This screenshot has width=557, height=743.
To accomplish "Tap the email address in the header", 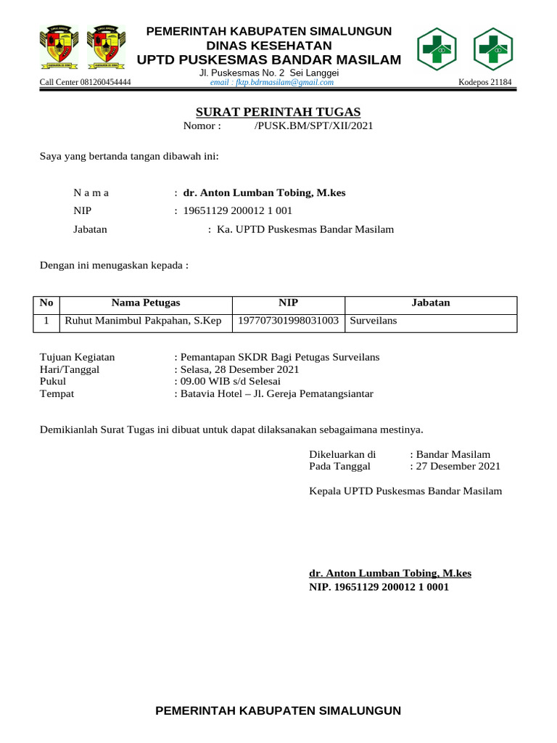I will coord(271,83).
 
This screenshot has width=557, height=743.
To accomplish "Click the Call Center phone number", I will coord(85,83).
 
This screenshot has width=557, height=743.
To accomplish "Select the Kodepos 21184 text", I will coord(485,83).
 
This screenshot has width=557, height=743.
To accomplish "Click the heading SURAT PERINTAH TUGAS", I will coord(278,112).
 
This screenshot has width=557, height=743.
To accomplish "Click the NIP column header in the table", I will coord(288,303).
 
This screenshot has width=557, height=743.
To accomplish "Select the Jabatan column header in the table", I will coord(431,303).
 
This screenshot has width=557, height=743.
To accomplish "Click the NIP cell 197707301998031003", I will coord(289,321).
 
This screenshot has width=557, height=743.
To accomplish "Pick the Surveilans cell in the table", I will coord(374,321).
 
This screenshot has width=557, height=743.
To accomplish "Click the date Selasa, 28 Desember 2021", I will coord(239,369).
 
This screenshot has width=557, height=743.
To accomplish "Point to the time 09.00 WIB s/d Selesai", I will coord(229,382).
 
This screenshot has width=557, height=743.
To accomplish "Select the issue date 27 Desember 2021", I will coord(458,467).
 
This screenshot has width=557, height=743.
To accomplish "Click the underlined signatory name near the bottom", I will coord(390,573).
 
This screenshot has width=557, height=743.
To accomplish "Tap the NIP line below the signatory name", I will coord(379,586).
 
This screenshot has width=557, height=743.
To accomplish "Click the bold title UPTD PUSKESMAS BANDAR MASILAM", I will coord(268,59).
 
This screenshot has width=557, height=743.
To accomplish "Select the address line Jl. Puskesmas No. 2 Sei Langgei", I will coord(268,73).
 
